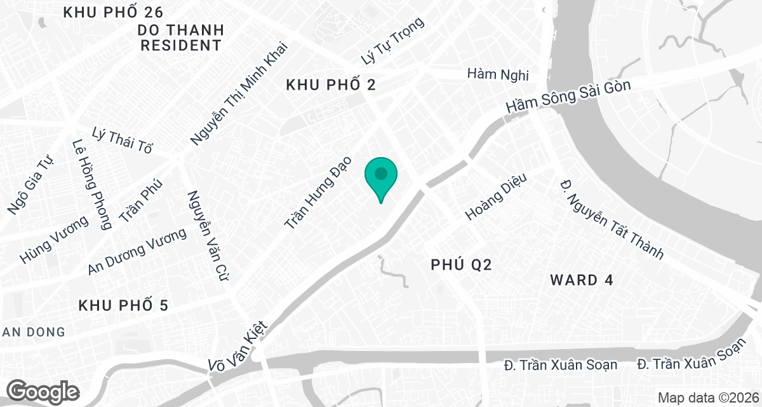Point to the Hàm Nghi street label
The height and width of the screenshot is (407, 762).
(x=497, y=74)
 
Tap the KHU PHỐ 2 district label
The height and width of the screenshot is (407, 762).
(x=331, y=85)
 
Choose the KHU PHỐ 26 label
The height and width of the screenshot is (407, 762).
(x=114, y=12)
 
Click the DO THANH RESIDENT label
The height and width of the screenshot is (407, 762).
(x=181, y=38)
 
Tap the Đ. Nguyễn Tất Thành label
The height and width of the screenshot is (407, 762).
(x=611, y=219)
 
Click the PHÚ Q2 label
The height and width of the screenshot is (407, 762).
(x=461, y=265)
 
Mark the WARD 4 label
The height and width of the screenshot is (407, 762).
(x=582, y=280)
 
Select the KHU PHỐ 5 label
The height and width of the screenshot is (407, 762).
(x=123, y=306)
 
